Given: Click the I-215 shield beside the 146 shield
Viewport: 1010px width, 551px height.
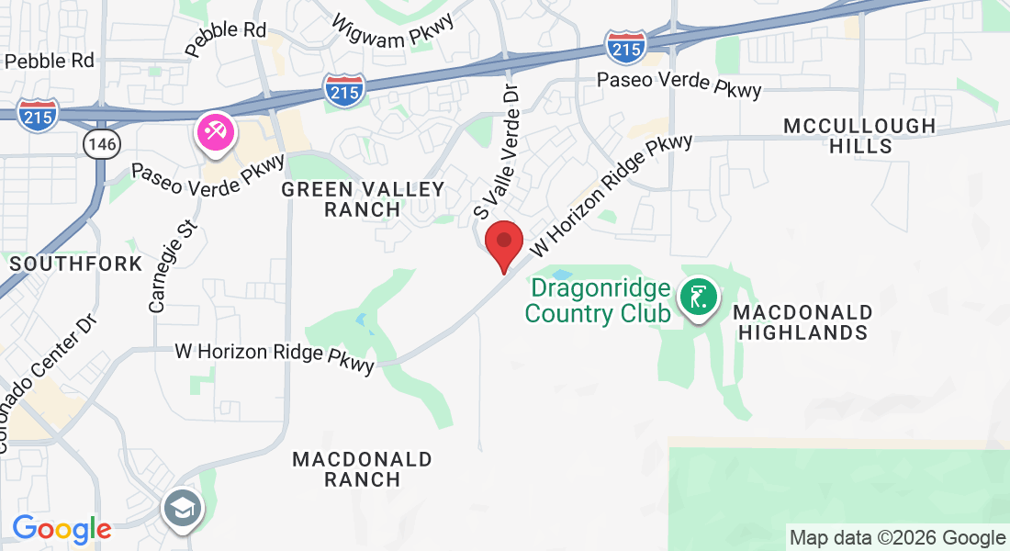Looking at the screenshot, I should (x=38, y=113).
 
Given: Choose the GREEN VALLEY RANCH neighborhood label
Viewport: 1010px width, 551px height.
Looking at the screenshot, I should (x=363, y=199).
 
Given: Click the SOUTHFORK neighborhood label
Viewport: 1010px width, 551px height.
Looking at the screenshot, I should (x=76, y=264).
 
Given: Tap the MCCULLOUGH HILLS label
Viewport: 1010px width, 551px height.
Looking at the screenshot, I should (x=858, y=136).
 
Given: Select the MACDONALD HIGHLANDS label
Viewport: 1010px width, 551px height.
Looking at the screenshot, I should (x=802, y=322).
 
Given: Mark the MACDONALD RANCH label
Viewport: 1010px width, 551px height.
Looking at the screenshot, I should (x=362, y=468).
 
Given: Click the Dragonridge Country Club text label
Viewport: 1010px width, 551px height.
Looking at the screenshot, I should (x=596, y=301).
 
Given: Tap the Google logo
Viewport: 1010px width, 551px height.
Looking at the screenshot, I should (x=62, y=530).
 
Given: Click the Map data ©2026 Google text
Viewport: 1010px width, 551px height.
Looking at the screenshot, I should (x=897, y=538).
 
